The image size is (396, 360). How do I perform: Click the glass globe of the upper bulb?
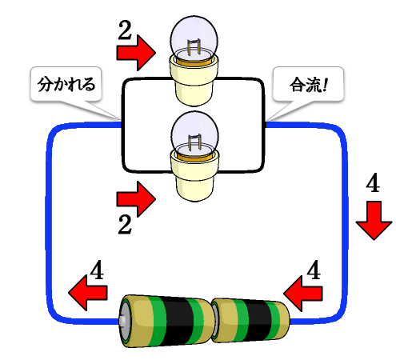point(194,38)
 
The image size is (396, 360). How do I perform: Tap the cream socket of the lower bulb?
point(194,177)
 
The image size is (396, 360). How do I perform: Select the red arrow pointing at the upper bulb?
point(136,53)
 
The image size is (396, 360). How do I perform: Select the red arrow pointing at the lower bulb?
point(136,199)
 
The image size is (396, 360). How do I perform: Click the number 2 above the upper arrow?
point(125,30)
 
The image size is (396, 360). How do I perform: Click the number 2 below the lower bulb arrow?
point(125,225)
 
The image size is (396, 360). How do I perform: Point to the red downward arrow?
point(374,221)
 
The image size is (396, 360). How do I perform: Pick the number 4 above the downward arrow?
point(373,182)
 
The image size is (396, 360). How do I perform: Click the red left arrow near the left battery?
point(88,293)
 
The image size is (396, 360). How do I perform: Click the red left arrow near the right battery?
point(303,294)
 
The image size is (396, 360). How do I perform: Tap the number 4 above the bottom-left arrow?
point(97,270)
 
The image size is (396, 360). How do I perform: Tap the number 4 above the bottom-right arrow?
point(314,270)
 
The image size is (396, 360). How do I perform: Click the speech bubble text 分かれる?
point(66,84)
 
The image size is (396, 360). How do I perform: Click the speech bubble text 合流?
point(308,85)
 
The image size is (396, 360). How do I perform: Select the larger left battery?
point(166,321)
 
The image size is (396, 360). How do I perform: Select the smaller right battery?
point(250,321)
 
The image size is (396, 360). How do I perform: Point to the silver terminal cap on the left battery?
point(122,321)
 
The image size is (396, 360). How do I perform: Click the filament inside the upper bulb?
point(194,46)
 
